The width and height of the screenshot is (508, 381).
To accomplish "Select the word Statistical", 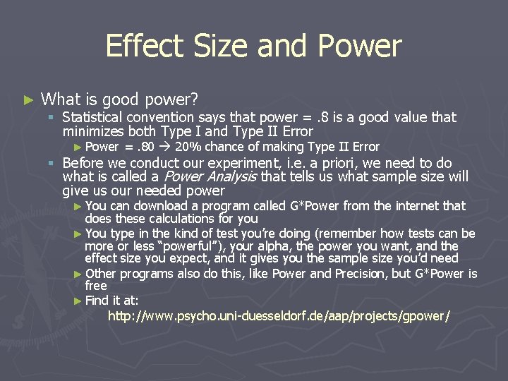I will [x=92, y=117].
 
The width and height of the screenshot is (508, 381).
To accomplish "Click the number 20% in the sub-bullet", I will [x=190, y=147].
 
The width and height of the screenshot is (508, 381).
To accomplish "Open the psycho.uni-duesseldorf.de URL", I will [x=279, y=315].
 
